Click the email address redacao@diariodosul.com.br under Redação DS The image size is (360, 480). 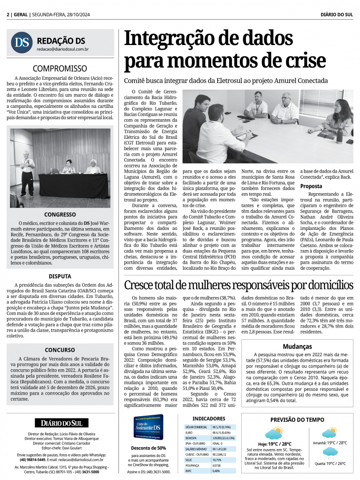pos(63,49)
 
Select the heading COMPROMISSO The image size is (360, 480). pos(60,69)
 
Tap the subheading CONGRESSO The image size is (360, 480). pos(60,214)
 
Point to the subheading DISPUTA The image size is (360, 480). pos(60,276)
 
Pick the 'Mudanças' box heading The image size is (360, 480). pos(297,346)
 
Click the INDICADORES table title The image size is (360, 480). pos(209,418)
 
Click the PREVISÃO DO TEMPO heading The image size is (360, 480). pos(297,419)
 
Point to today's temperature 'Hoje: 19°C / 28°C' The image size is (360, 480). pos(275,444)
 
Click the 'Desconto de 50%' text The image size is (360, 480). pos(148,448)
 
